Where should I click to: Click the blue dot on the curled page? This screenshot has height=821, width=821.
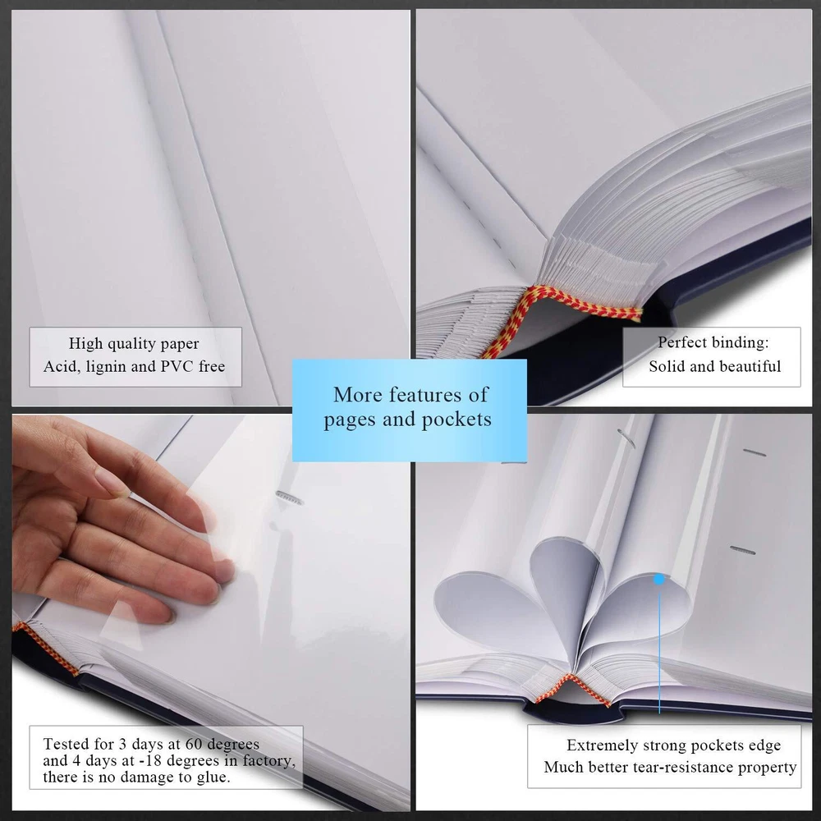click(659, 579)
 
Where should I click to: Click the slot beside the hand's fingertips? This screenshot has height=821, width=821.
click(290, 498)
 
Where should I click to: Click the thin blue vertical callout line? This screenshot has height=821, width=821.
click(659, 647)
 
